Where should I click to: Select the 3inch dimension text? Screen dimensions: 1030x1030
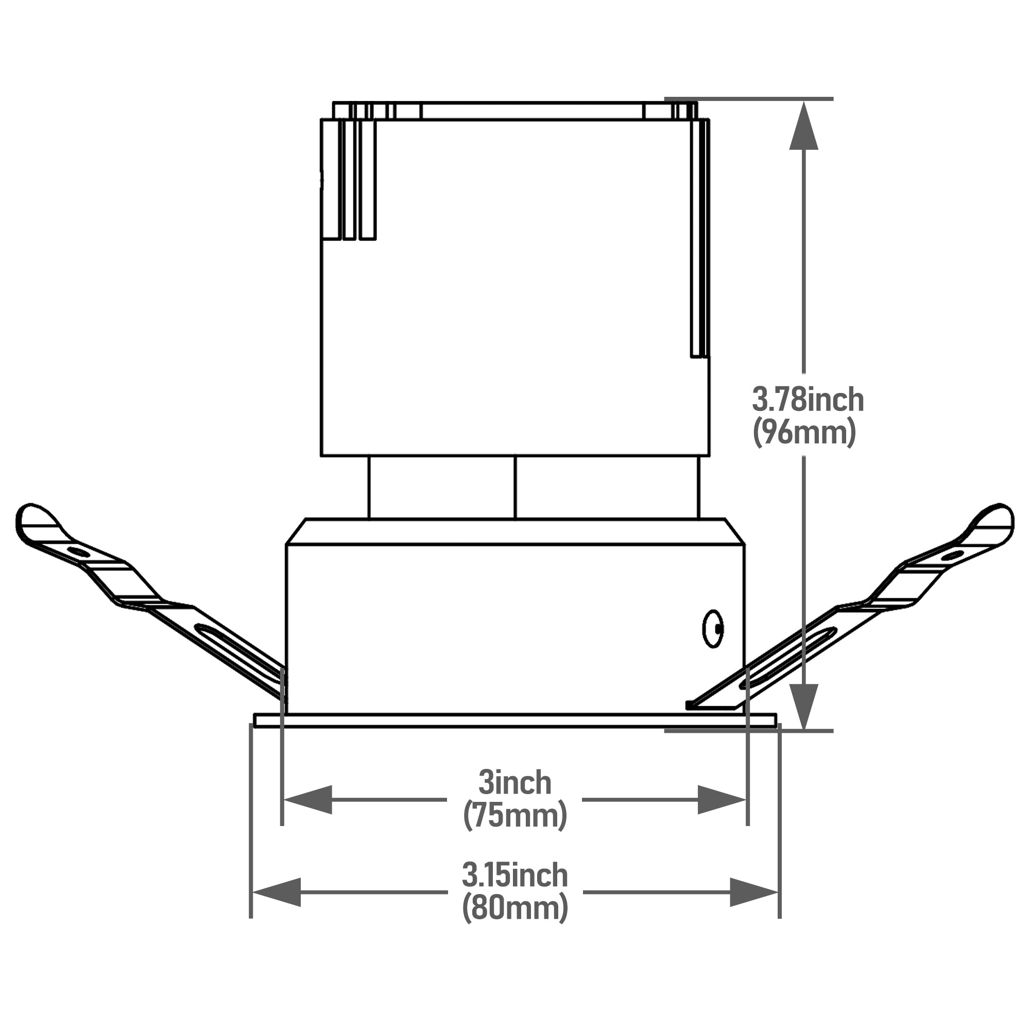tap(514, 783)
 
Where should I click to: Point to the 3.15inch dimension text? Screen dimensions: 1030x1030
tap(514, 875)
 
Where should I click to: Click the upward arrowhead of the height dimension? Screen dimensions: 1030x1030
tap(803, 126)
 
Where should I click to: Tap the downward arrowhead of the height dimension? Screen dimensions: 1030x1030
tap(803, 706)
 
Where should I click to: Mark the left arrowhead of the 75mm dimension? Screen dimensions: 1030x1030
tap(308, 800)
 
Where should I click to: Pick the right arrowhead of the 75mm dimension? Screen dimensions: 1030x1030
tap(722, 800)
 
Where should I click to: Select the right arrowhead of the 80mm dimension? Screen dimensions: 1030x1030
tap(754, 892)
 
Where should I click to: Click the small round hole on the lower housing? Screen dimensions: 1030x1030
tap(713, 629)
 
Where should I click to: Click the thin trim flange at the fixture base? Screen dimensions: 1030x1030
tap(514, 721)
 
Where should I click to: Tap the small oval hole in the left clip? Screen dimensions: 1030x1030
tap(78, 552)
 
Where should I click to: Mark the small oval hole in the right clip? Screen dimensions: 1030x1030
tap(952, 556)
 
